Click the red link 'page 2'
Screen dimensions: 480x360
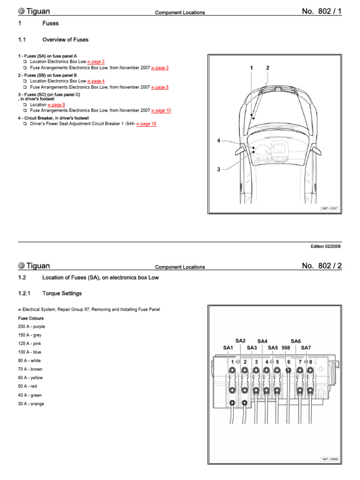(x=97, y=61)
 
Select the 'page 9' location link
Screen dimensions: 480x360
(x=58, y=105)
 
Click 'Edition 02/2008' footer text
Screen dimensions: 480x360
(x=326, y=247)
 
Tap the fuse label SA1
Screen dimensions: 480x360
(x=228, y=348)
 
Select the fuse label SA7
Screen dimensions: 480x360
(x=306, y=348)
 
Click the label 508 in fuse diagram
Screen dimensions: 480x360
(x=286, y=348)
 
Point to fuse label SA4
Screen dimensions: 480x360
(x=262, y=341)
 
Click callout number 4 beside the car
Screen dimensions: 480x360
(x=218, y=141)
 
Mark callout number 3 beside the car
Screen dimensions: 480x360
(x=218, y=170)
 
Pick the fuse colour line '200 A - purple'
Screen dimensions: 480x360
(x=31, y=326)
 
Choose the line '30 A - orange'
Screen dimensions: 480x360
(x=31, y=404)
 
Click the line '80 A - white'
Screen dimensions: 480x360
(x=30, y=360)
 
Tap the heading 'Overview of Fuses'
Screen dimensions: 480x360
(x=65, y=40)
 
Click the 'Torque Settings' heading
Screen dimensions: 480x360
(x=62, y=293)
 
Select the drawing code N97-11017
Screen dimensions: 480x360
(x=330, y=208)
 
